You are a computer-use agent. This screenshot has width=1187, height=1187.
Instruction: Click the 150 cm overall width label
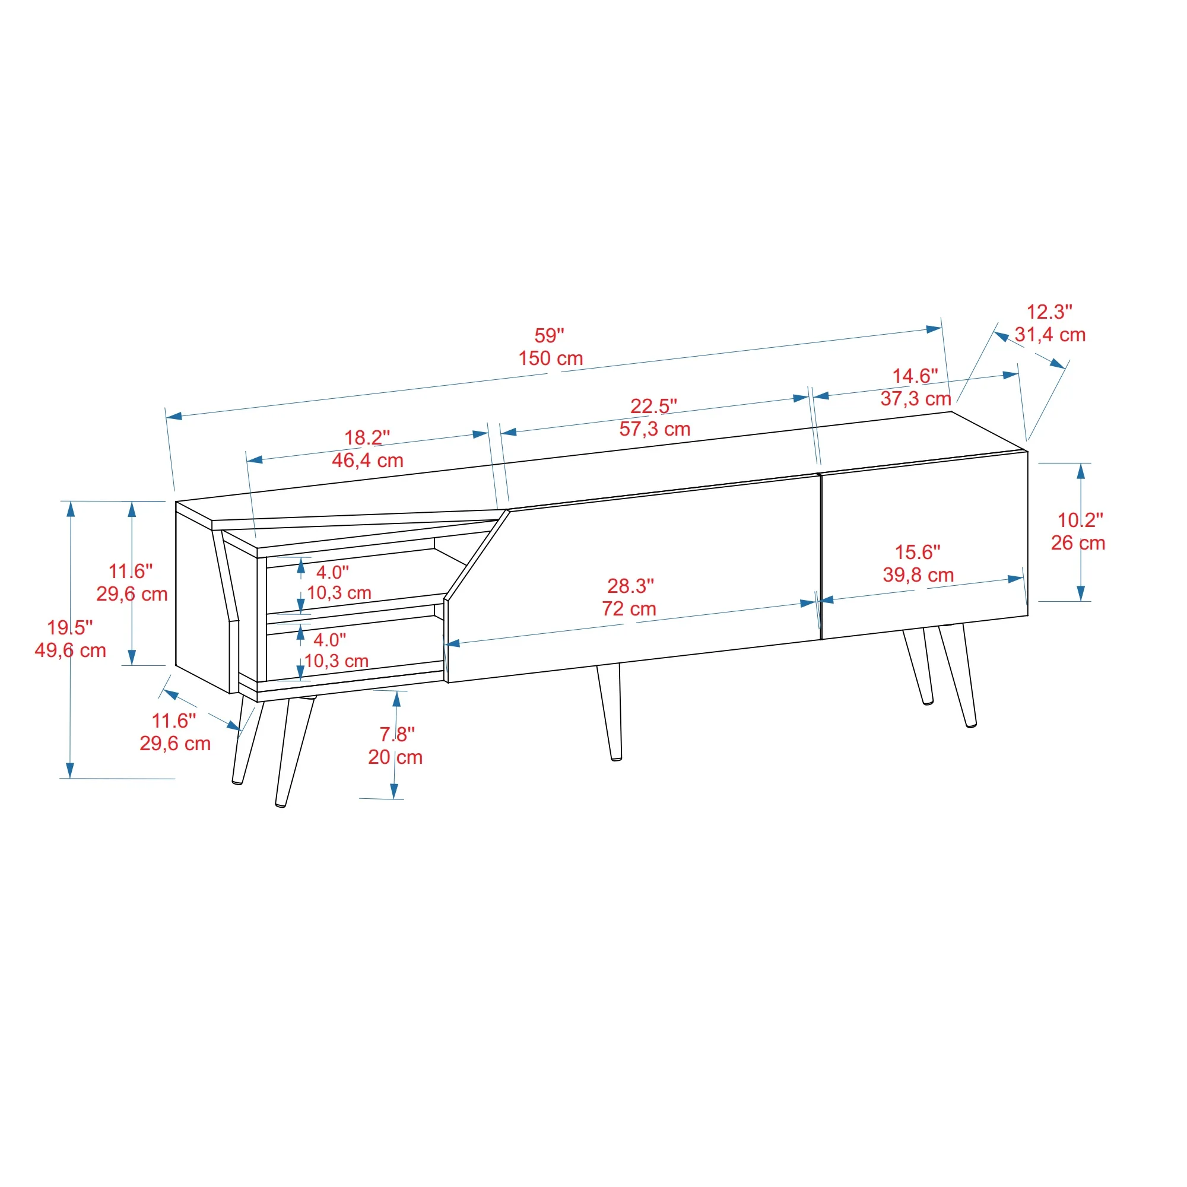[551, 358]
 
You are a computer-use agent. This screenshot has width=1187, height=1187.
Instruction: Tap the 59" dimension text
[548, 335]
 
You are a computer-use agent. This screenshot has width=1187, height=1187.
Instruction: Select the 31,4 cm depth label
[1050, 335]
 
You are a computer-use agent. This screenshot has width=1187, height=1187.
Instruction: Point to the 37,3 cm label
[915, 399]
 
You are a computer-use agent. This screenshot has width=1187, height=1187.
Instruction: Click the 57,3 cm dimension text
[654, 429]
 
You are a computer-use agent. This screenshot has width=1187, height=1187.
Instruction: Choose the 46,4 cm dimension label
[367, 460]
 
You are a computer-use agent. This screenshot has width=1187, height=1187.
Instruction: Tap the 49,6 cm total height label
[70, 650]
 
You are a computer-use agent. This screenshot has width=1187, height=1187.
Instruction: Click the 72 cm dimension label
[629, 609]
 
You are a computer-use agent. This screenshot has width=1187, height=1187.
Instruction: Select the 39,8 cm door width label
[918, 575]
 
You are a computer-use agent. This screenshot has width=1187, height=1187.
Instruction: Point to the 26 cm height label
[1078, 543]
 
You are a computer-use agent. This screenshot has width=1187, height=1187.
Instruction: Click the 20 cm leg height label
[395, 757]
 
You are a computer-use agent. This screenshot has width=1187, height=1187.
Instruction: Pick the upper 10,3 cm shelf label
[339, 593]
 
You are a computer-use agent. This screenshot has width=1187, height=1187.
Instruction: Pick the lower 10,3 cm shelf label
[336, 661]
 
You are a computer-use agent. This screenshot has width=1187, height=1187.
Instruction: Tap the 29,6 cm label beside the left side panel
[132, 594]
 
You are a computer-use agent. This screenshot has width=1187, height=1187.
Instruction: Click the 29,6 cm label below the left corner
[175, 744]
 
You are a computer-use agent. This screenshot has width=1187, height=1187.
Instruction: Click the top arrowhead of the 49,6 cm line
[71, 509]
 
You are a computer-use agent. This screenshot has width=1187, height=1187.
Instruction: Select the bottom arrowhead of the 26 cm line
[1081, 593]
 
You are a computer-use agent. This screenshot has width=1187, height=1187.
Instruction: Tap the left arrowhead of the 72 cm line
[452, 643]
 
